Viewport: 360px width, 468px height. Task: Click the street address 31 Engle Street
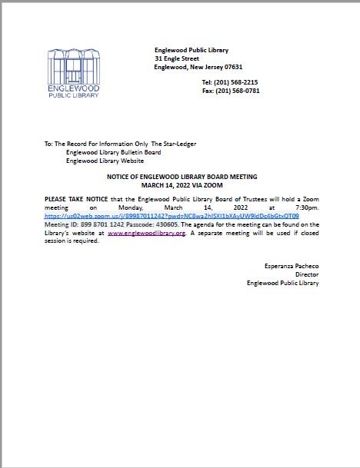[176, 58]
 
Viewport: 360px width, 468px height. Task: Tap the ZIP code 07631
[232, 67]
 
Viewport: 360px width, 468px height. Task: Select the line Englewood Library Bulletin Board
[113, 153]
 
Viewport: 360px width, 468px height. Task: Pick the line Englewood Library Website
[105, 161]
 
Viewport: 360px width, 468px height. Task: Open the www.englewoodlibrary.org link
[146, 233]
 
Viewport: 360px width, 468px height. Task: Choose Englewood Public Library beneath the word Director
[282, 283]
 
